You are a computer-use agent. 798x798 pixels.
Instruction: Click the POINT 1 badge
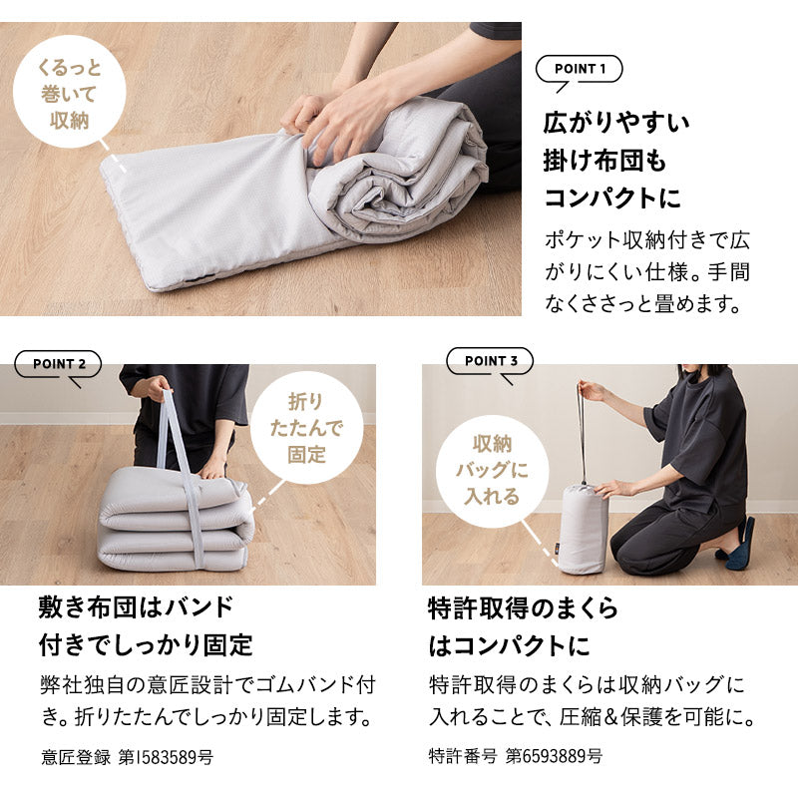pos(579,69)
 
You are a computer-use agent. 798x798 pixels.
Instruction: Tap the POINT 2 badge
pos(58,364)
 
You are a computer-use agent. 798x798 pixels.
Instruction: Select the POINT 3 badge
pos(490,361)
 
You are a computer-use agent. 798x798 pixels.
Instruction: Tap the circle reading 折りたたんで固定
pos(306,428)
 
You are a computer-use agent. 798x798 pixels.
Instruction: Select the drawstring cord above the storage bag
pos(582,429)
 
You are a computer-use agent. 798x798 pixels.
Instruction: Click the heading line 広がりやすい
pos(615,124)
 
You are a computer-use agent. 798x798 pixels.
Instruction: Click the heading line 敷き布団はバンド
pos(136,606)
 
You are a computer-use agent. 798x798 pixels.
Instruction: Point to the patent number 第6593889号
pos(554,756)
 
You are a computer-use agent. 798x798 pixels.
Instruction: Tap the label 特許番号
pos(462,756)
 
